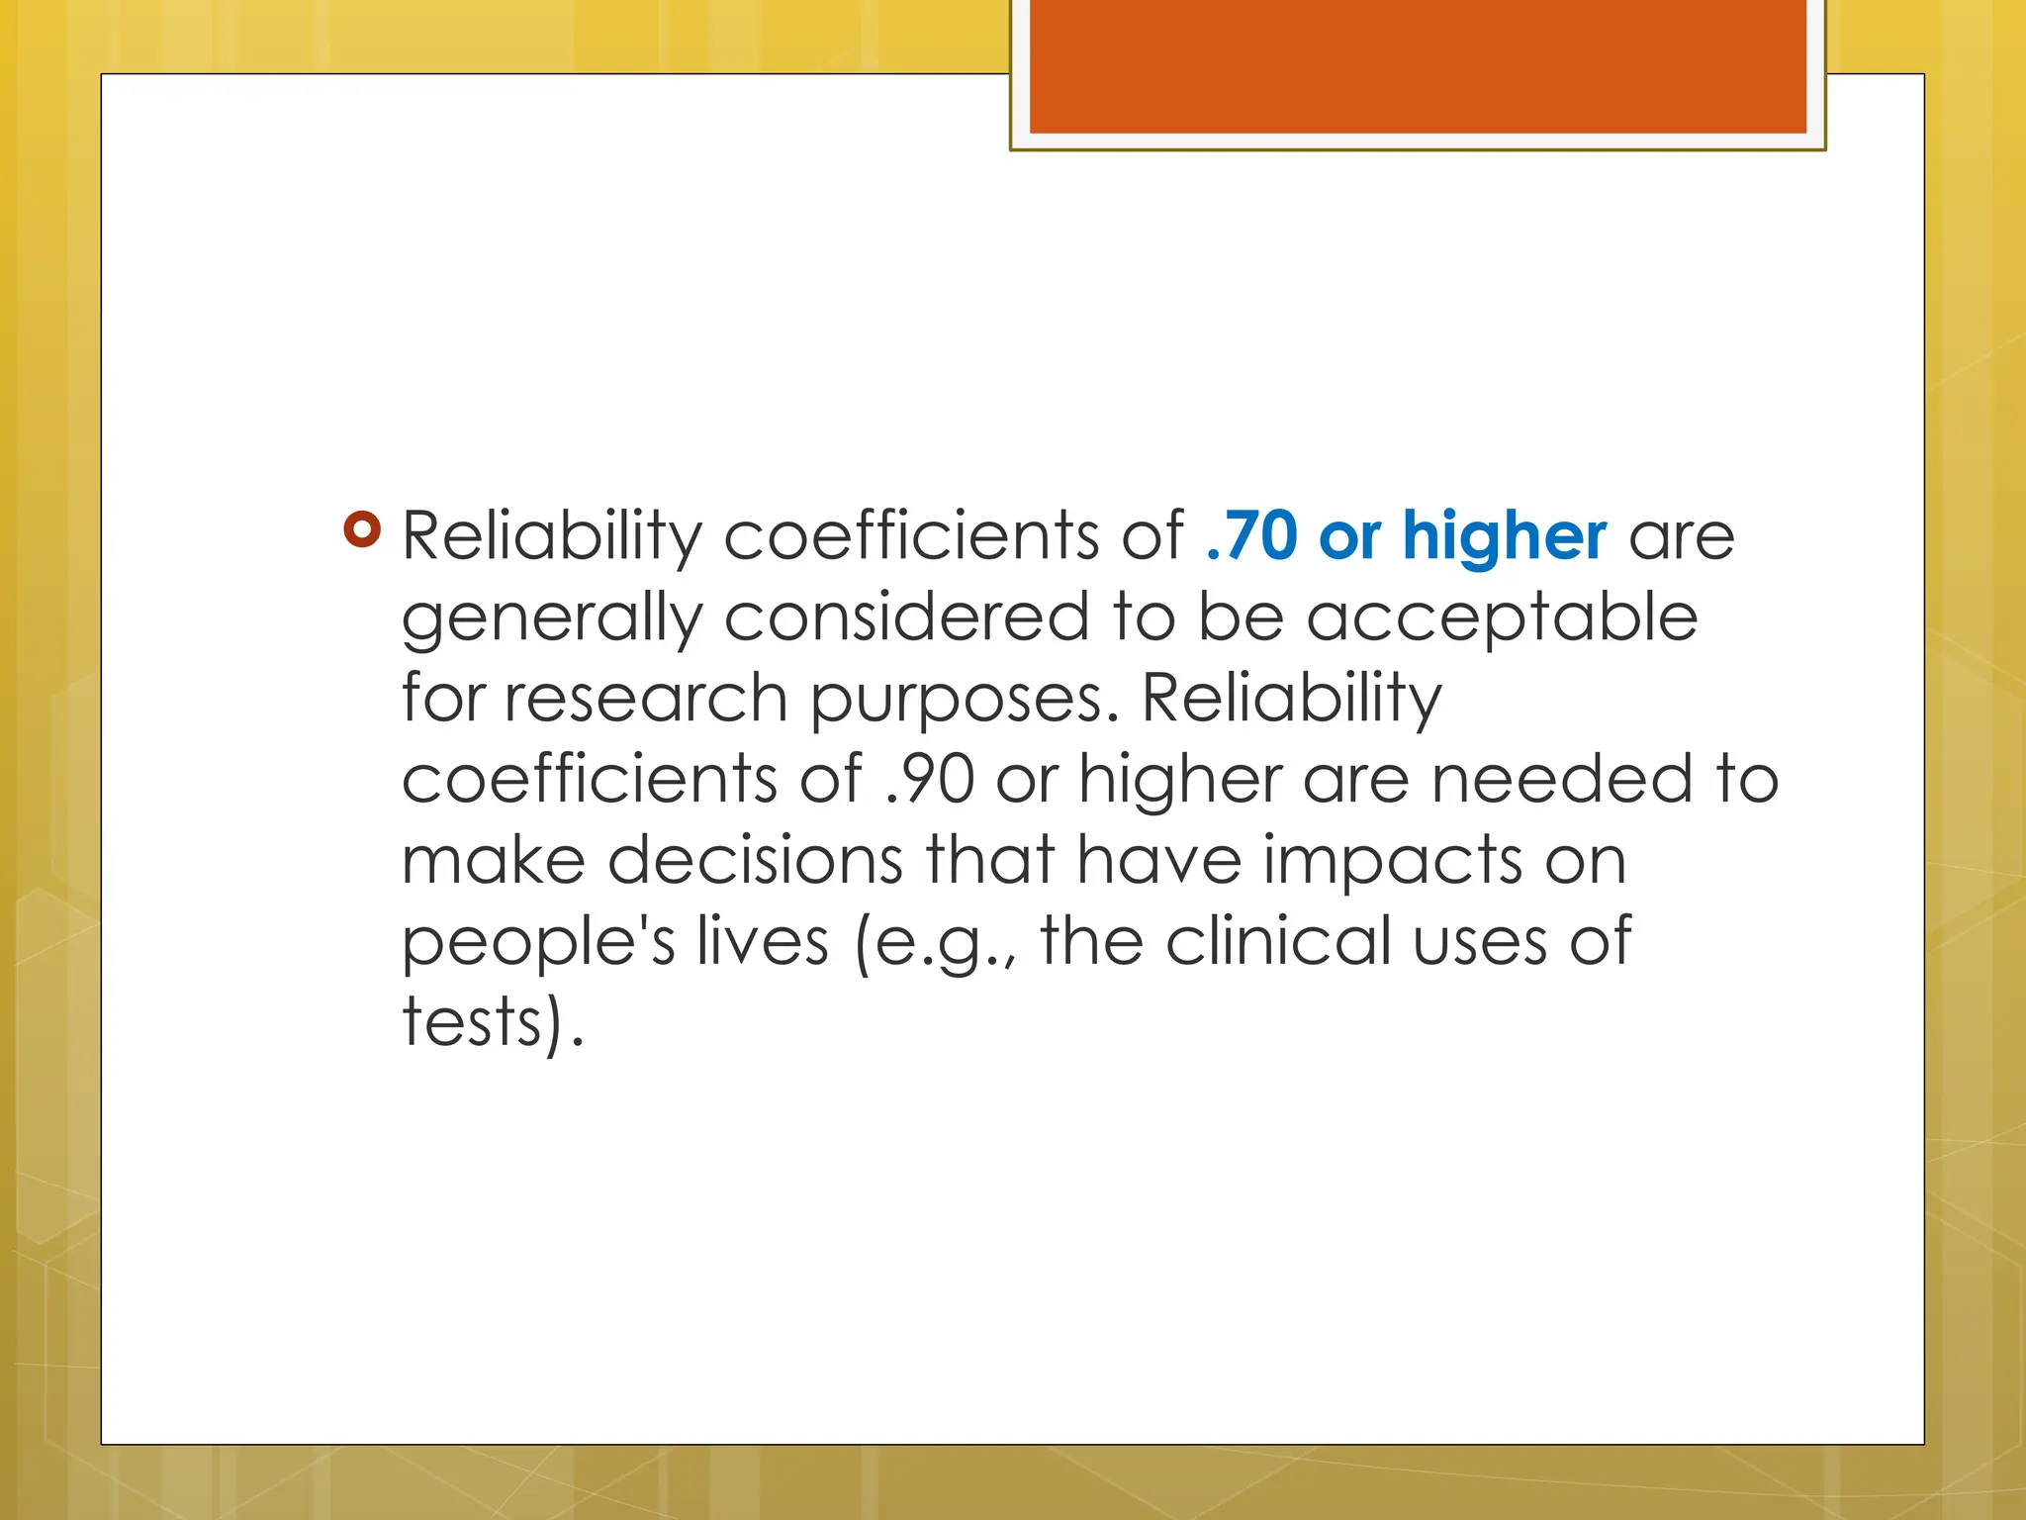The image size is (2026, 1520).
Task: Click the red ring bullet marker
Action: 362,529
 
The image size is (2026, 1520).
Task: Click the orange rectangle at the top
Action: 1417,66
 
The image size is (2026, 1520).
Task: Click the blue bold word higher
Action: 1504,536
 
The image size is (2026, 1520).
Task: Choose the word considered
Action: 907,617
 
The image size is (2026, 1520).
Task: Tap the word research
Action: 646,699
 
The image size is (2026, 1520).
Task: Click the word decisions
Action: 755,860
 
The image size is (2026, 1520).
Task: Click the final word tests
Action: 473,1022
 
